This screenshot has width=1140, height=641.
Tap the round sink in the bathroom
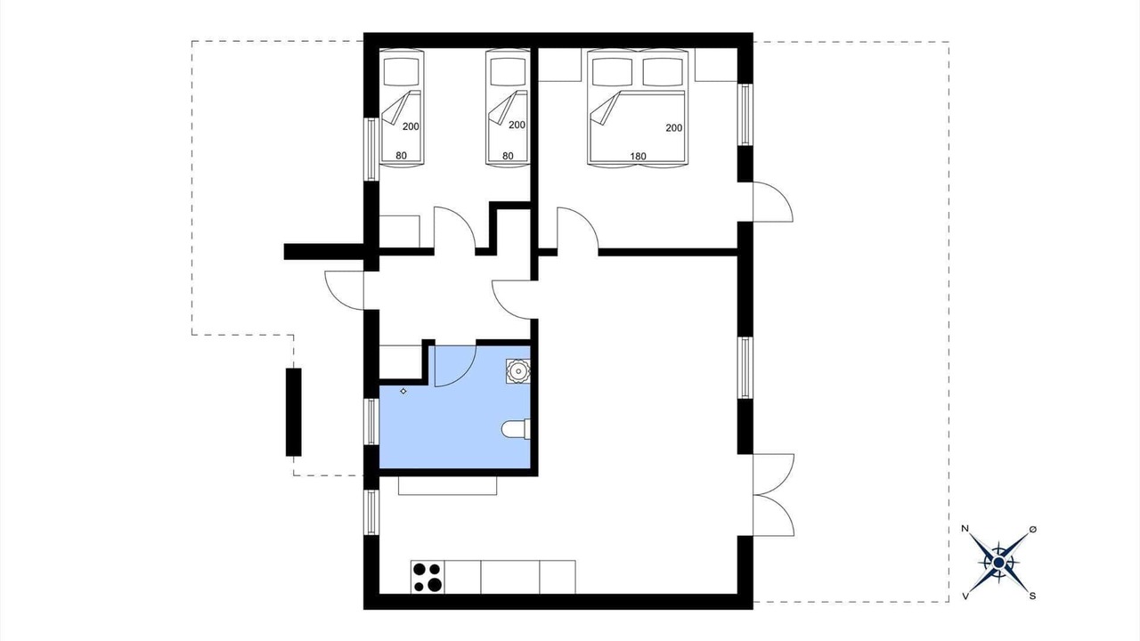click(518, 371)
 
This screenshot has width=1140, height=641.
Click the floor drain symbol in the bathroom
click(403, 391)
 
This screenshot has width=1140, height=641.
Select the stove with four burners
click(427, 577)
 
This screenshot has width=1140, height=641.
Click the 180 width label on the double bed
click(638, 156)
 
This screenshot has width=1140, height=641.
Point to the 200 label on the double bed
click(674, 127)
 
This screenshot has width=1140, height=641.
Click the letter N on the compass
click(965, 529)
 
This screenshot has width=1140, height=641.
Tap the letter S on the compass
click(1032, 596)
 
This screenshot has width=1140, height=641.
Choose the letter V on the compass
click(965, 596)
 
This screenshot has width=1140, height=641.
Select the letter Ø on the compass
click(1032, 530)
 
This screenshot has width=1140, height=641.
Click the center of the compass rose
click(998, 563)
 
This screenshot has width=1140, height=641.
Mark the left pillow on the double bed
click(613, 72)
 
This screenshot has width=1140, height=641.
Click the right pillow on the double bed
click(663, 72)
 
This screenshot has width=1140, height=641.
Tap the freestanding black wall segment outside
click(293, 412)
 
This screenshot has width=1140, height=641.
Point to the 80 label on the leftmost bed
click(401, 156)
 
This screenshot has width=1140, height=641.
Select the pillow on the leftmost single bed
click(402, 72)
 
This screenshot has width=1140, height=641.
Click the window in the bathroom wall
click(371, 422)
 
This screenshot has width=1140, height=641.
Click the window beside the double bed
click(745, 115)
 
